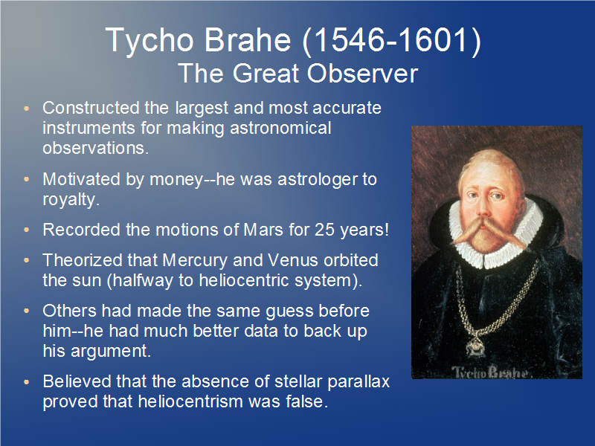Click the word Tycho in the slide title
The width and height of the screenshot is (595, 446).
pyautogui.click(x=149, y=41)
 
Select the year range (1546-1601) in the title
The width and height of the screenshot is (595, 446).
pyautogui.click(x=392, y=40)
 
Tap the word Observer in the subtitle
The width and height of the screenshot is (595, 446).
pyautogui.click(x=362, y=73)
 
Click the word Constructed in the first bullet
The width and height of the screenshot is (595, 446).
pyautogui.click(x=91, y=108)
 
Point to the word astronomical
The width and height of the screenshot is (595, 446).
pyautogui.click(x=281, y=128)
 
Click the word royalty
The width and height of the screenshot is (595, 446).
pyautogui.click(x=71, y=200)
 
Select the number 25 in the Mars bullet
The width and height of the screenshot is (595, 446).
pyautogui.click(x=324, y=230)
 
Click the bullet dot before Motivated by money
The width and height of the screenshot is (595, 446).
pyautogui.click(x=27, y=179)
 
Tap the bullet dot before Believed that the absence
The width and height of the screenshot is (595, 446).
pyautogui.click(x=27, y=381)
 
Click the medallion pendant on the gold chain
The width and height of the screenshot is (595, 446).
pyautogui.click(x=475, y=346)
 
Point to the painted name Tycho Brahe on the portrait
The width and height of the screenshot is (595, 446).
pyautogui.click(x=490, y=372)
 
